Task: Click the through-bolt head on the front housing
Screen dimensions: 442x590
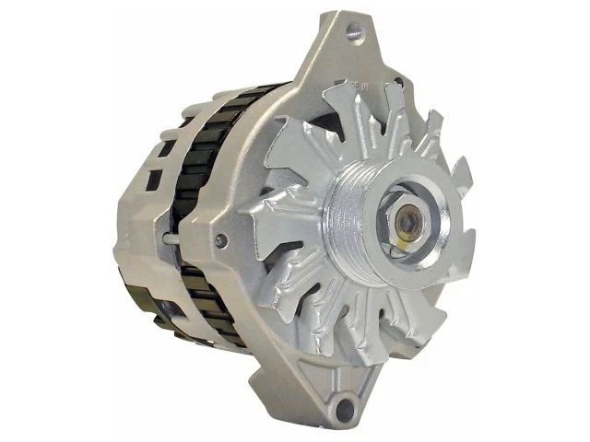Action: click(x=219, y=241)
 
